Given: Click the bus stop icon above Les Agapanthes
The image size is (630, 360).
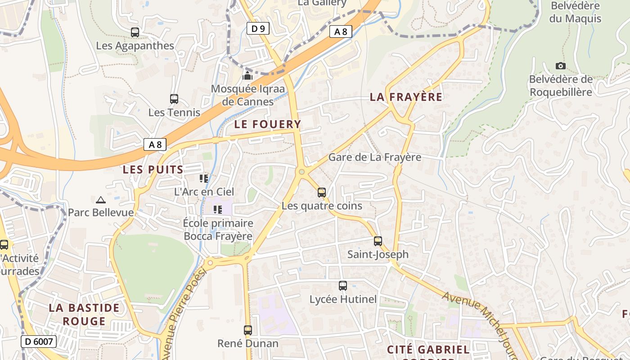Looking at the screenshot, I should (x=135, y=32).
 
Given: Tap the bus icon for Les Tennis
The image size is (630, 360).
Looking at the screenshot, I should (x=174, y=99).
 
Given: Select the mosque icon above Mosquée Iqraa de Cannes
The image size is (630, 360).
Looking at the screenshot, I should (x=247, y=76).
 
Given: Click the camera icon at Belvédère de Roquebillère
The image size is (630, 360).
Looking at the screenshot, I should (x=560, y=66).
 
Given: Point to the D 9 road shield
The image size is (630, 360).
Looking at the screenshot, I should (x=258, y=29).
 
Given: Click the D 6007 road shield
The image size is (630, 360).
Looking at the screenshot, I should (x=39, y=342).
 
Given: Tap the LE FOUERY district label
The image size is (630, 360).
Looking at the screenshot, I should (x=267, y=124).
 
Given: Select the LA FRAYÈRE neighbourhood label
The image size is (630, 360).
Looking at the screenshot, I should (x=406, y=97).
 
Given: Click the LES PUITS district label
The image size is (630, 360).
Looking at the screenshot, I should (x=153, y=170).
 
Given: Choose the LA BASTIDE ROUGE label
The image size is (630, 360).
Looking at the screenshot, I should (x=84, y=315).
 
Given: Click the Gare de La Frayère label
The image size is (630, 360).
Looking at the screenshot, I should (x=374, y=157).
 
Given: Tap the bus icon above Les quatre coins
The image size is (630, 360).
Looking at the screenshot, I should (x=322, y=193).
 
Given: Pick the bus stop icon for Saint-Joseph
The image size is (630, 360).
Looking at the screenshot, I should (x=378, y=241).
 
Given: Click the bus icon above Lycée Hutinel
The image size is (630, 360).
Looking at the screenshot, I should (x=343, y=286).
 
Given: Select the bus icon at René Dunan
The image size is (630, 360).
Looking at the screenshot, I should (x=248, y=330).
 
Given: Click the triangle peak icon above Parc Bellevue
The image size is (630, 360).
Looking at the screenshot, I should (x=101, y=200).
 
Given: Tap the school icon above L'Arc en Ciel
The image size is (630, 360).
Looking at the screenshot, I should (x=204, y=179).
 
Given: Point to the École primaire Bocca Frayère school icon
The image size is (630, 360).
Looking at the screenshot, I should (x=218, y=210).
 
